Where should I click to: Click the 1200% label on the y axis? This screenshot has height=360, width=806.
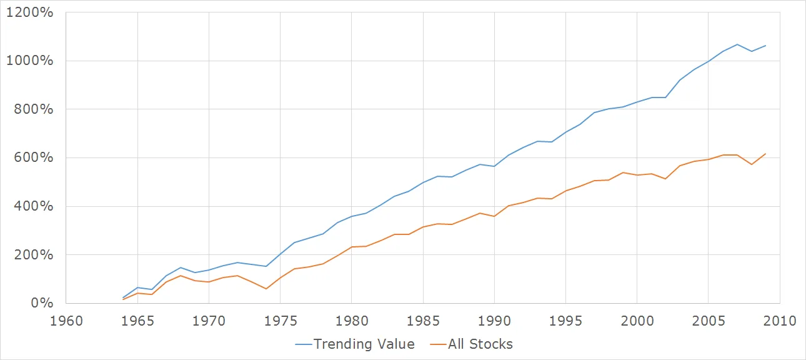[x=29, y=12]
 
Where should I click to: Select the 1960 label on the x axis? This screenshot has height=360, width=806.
[x=66, y=321]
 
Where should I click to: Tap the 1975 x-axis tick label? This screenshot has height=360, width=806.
[x=280, y=321]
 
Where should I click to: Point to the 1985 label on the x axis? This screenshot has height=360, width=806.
[x=423, y=321]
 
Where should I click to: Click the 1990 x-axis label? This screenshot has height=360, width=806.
[x=494, y=321]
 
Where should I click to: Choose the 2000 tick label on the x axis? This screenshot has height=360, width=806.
[x=637, y=321]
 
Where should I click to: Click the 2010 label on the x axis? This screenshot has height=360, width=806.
[x=779, y=321]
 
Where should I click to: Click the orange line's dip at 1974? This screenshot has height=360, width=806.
[x=266, y=289]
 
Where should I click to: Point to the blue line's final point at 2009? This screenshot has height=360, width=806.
[x=765, y=46]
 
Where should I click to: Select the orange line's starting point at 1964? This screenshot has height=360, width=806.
[x=123, y=299]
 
